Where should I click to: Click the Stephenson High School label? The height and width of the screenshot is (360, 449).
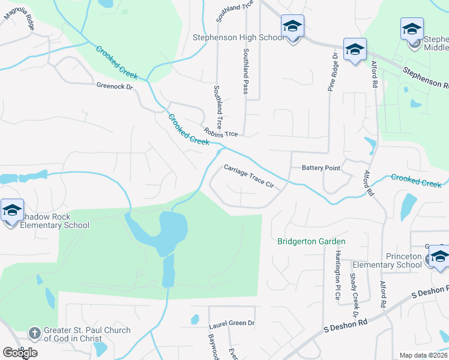point(238,37)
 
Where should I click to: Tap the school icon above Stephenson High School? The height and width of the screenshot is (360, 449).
point(292,26)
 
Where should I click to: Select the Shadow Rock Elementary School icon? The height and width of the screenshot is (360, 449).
point(12,210)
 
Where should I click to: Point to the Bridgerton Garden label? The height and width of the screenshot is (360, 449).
point(312,242)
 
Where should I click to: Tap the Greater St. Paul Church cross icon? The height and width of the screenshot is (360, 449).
point(35,332)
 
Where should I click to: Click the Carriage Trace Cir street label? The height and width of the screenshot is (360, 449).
point(249,177)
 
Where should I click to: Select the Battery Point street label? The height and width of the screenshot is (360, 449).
point(321,169)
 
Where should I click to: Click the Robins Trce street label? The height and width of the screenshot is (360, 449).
point(221,132)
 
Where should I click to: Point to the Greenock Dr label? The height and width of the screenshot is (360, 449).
point(114,86)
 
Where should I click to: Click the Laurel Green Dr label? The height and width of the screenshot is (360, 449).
point(232,324)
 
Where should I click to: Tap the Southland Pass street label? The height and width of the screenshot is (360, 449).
point(245,72)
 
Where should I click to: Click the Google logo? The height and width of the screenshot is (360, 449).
point(20,353)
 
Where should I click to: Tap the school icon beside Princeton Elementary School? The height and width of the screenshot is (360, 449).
point(439,256)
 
